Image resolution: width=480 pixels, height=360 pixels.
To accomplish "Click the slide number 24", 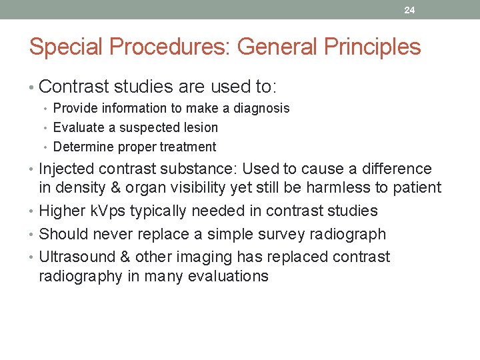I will coord(409,10).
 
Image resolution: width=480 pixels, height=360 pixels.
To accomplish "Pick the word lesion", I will coord(199,127).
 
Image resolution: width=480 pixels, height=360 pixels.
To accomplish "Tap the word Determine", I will coord(82,147).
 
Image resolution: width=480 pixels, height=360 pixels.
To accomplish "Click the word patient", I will coord(416,188).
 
